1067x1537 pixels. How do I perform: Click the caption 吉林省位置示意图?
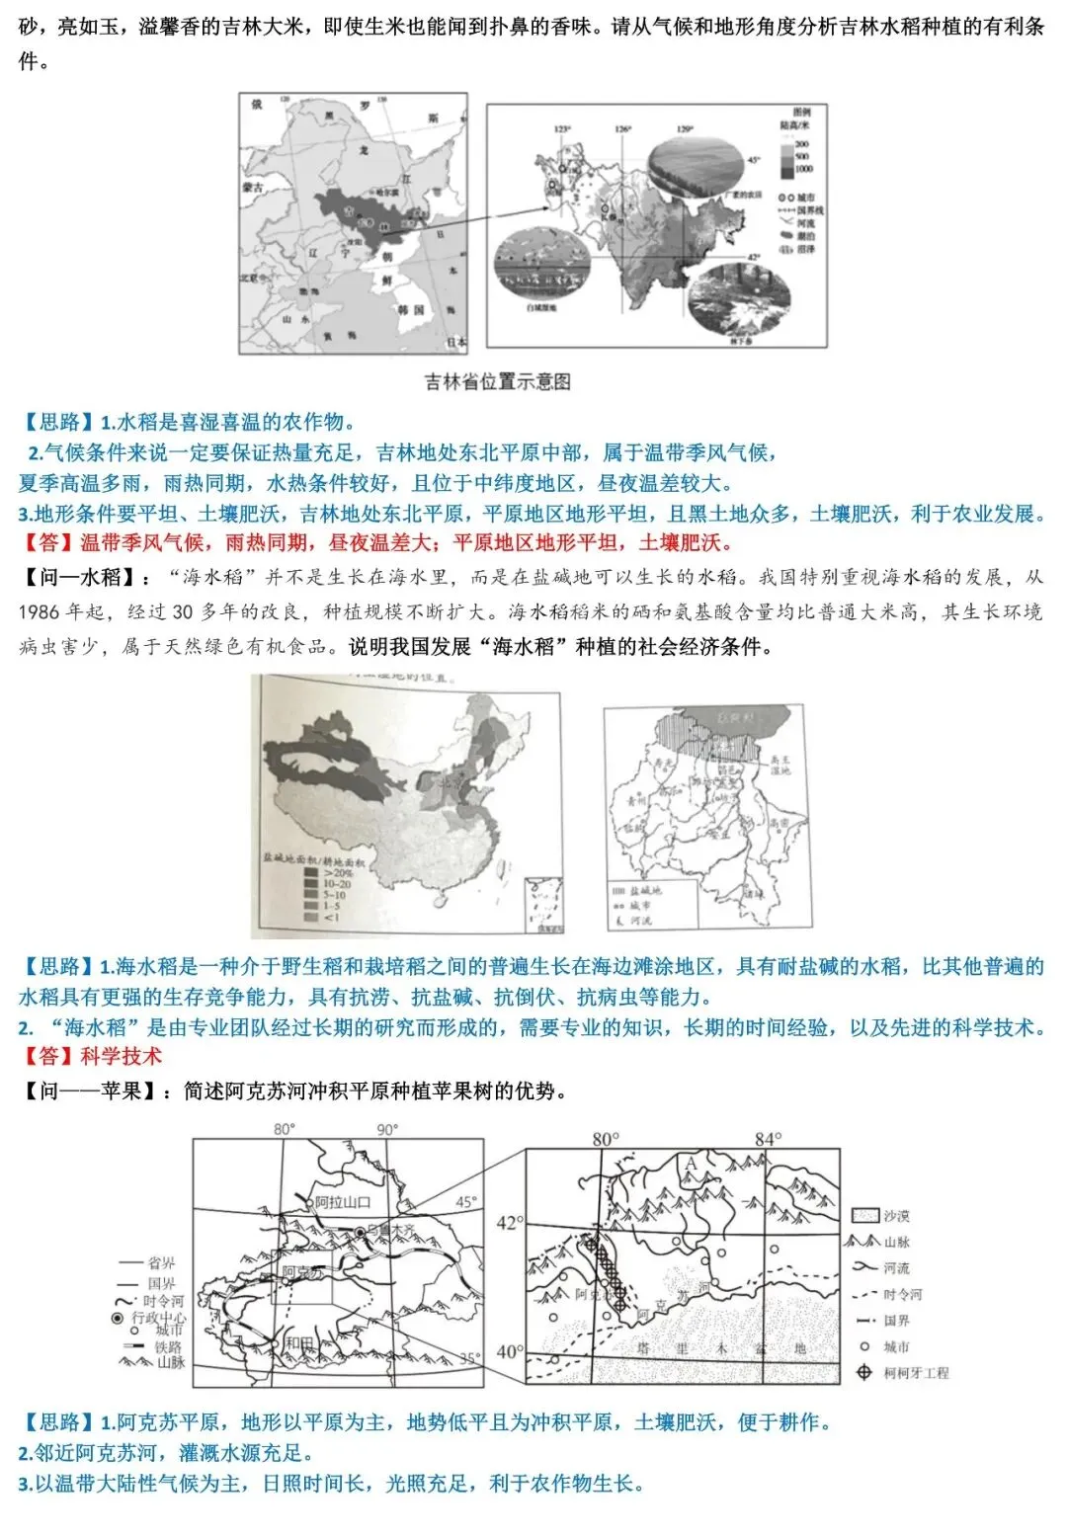pos(497,382)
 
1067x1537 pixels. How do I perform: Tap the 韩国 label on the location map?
pos(411,310)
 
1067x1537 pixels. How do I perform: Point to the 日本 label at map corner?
pos(455,342)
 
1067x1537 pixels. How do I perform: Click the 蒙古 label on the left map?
pos(253,187)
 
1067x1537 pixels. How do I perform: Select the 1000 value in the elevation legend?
pos(802,170)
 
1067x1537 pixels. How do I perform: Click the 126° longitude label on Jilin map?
pos(623,129)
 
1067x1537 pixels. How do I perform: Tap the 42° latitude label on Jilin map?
pos(754,257)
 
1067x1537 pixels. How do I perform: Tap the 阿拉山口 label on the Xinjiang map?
pos(342,1202)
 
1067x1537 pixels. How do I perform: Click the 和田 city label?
pos(299,1343)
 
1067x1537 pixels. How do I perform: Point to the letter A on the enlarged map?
pos(691,1165)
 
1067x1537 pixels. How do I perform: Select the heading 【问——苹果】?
pos(87,1092)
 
